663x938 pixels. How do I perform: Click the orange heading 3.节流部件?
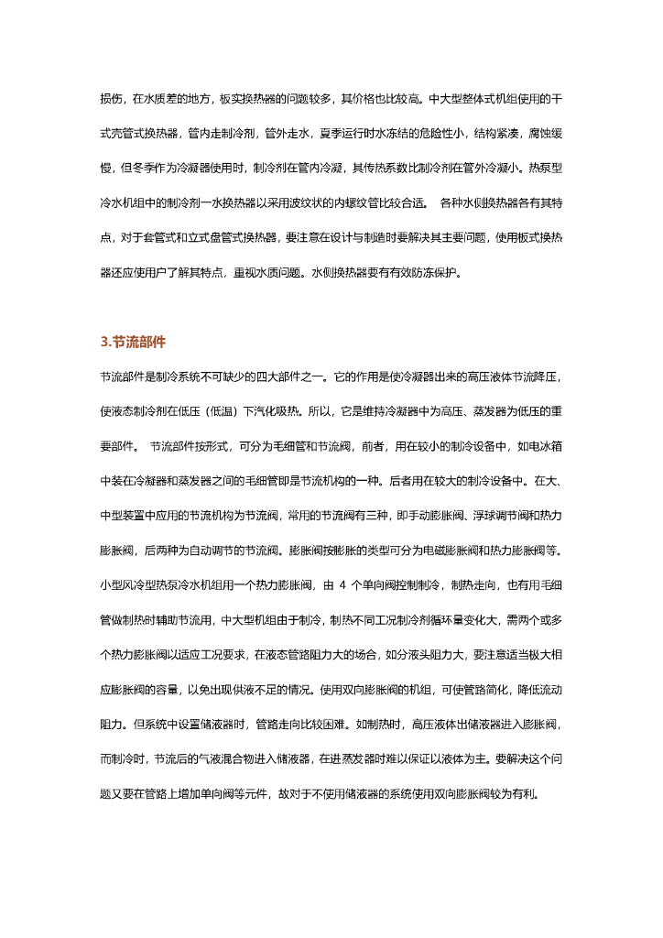click(133, 342)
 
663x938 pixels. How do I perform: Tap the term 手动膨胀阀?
click(429, 515)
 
